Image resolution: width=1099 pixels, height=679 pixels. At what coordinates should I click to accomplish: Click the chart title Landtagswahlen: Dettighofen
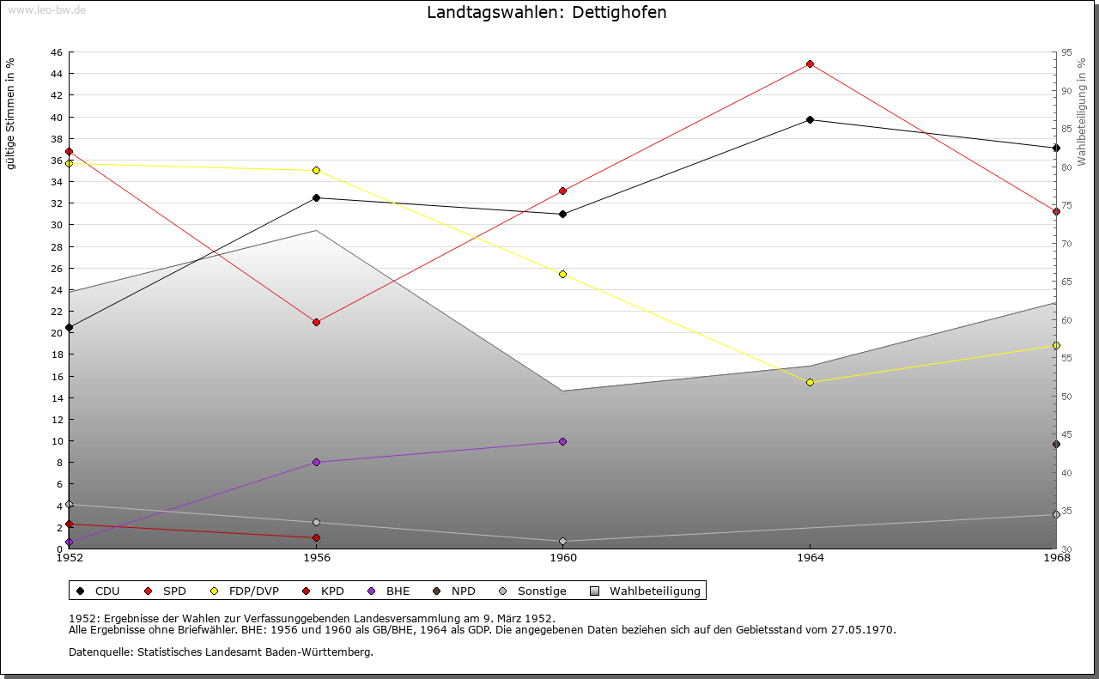[x=546, y=13]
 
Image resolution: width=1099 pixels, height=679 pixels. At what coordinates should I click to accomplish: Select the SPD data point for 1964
[x=810, y=64]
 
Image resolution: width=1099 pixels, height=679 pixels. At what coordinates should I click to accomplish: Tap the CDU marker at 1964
[x=810, y=119]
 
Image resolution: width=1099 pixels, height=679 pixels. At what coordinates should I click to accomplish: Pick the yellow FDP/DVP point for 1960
[x=562, y=275]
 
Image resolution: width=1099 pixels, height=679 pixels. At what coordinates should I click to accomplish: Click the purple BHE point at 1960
[x=562, y=441]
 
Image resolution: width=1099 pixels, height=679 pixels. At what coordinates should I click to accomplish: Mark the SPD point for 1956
[x=316, y=322]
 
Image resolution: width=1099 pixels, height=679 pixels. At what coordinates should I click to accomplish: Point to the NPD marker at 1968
[x=1056, y=444]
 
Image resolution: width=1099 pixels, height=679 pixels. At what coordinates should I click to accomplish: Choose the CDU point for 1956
[x=316, y=197]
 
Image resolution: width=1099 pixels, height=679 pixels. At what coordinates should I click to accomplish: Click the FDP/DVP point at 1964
[x=810, y=382]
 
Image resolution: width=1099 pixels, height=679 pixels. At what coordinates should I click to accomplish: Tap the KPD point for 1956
[x=316, y=538]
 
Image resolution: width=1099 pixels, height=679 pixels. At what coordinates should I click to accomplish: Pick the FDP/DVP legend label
[x=253, y=591]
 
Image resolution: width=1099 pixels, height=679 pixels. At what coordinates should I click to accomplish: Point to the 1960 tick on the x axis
[x=563, y=558]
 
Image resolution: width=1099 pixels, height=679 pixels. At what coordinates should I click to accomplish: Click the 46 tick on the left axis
[x=55, y=52]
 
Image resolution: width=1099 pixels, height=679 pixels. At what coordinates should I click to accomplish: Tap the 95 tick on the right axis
[x=1067, y=52]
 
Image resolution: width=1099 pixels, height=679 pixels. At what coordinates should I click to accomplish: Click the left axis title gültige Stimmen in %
[x=11, y=114]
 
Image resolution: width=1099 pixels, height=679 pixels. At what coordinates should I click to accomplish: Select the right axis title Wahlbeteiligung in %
[x=1082, y=112]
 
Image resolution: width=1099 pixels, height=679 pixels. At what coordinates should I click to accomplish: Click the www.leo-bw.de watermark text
[x=46, y=8]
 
